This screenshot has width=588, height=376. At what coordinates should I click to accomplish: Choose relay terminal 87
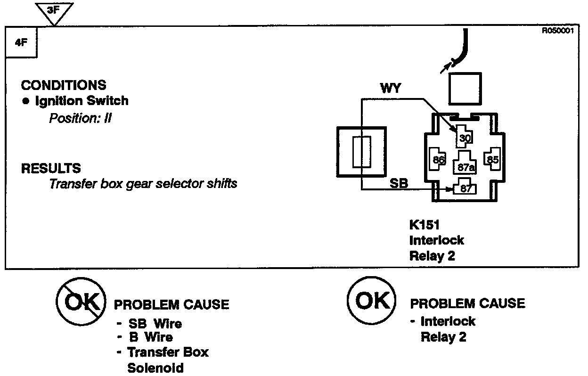[x=465, y=188]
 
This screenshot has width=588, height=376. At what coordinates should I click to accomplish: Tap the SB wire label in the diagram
[x=399, y=183]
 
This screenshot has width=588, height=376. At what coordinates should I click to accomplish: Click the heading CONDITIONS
[x=64, y=85]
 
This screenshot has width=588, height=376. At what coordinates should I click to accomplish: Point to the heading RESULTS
[x=51, y=168]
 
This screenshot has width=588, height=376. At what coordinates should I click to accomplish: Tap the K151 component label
[x=425, y=225]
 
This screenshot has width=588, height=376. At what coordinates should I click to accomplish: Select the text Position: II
[x=80, y=118]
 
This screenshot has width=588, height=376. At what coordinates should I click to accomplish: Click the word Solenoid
[x=155, y=368]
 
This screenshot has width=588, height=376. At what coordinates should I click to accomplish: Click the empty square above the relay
[x=465, y=89]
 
